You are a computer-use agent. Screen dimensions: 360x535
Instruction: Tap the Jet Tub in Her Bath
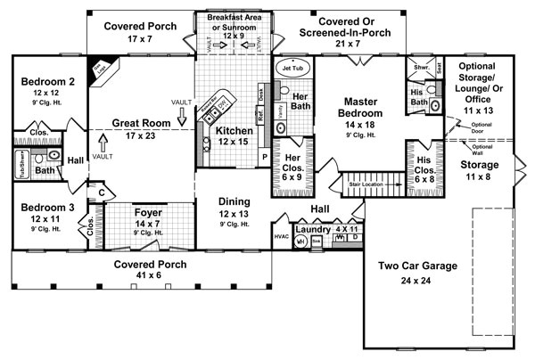pyautogui.click(x=292, y=68)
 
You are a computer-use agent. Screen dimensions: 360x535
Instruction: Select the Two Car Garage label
pyautogui.click(x=417, y=266)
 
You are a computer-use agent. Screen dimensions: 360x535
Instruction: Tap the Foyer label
pyautogui.click(x=148, y=213)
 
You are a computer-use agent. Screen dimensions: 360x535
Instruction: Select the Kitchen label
pyautogui.click(x=235, y=131)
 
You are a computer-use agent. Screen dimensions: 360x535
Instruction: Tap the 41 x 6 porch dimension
pyautogui.click(x=144, y=277)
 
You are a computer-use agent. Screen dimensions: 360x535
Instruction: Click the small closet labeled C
pyautogui.click(x=102, y=191)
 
